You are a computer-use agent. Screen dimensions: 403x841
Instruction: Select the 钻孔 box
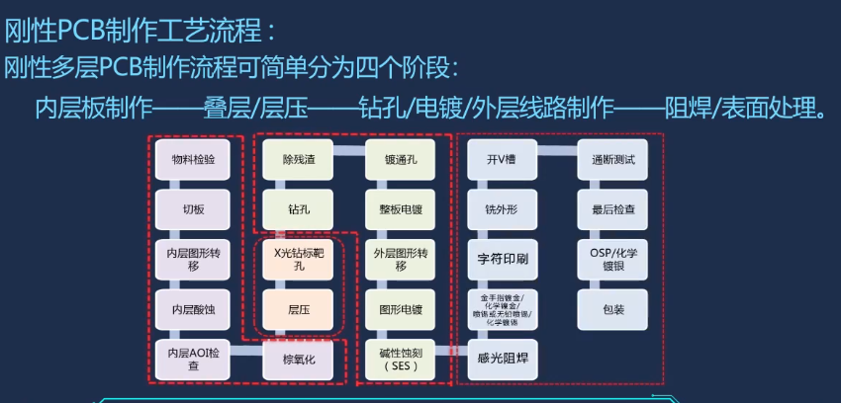click(x=299, y=209)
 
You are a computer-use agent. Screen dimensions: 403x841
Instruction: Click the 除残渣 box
click(x=299, y=159)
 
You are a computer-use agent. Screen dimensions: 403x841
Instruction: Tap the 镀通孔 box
click(x=401, y=159)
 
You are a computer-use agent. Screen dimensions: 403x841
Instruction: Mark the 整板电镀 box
click(x=401, y=209)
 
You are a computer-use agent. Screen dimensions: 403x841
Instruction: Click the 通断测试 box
click(x=613, y=159)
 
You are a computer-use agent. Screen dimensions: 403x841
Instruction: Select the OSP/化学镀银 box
click(x=613, y=259)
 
